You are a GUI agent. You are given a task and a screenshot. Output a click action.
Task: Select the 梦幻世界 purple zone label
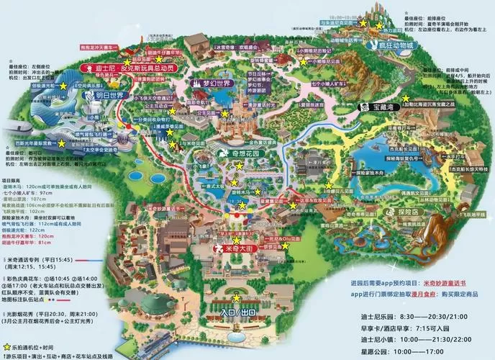[209, 82]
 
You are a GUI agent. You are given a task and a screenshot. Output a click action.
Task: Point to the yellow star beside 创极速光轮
[63, 85]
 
